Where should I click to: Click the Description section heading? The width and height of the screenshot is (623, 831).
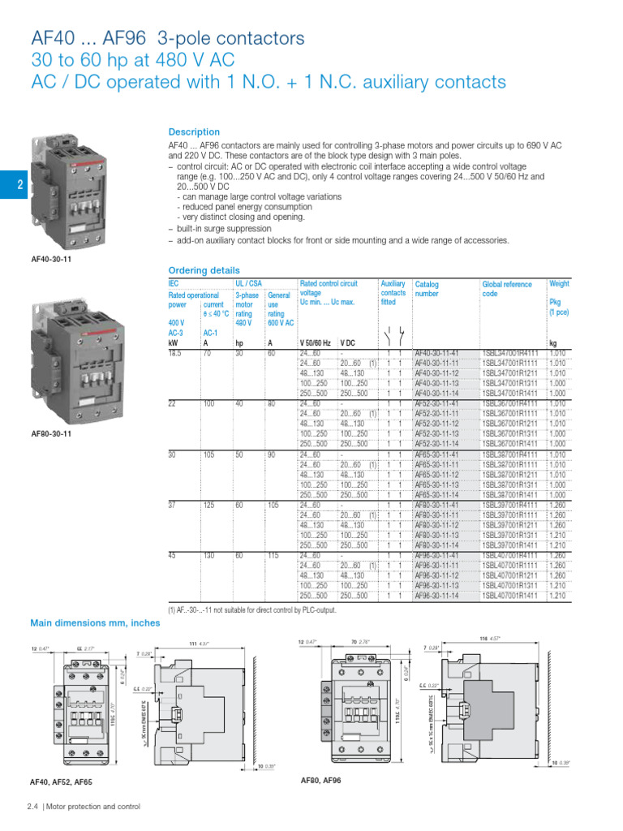pos(194,131)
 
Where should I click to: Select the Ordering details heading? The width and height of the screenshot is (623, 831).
pos(204,270)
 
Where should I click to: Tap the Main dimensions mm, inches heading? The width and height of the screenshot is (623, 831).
pos(95,623)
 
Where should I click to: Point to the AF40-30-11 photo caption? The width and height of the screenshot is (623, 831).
pos(50,259)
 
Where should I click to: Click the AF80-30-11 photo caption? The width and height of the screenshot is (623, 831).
pos(50,433)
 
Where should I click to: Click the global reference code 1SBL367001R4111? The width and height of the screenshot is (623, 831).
pos(509,403)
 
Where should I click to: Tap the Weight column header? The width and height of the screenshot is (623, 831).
pos(559,284)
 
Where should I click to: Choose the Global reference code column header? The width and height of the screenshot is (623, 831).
pos(507,289)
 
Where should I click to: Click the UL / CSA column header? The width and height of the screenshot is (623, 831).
pos(248,284)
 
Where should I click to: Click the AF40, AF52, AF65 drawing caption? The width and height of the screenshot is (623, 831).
pos(62,782)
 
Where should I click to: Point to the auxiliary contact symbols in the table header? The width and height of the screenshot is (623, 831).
pos(393,332)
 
